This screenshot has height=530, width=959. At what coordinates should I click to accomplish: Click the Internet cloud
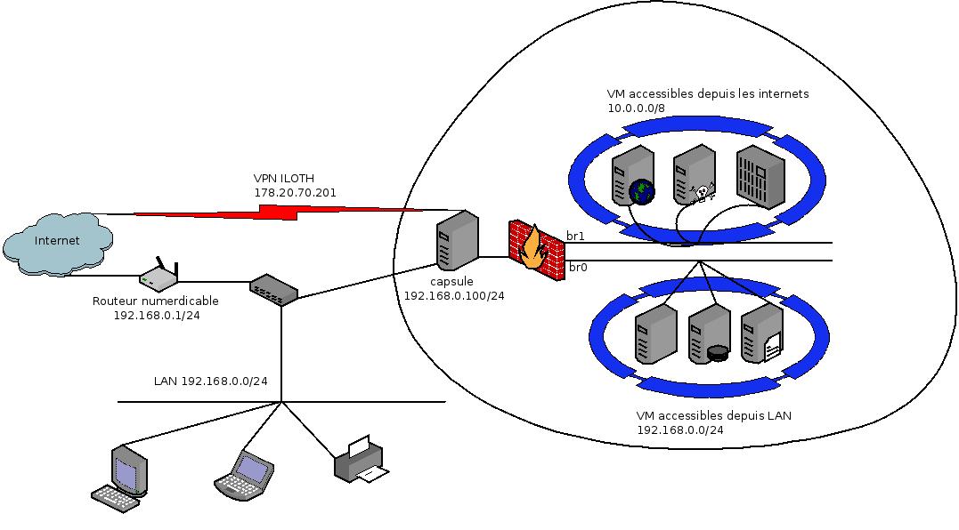pos(58,241)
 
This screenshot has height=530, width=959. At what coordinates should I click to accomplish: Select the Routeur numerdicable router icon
pos(158,277)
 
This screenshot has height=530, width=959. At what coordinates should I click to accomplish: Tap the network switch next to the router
pos(273,290)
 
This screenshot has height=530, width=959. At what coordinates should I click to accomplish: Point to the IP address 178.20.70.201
pos(295,192)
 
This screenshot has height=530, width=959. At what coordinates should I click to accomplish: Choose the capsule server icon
pos(454,241)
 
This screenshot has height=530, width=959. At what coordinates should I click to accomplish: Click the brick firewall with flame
pos(535,250)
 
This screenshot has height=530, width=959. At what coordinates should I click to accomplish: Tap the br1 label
pos(575,237)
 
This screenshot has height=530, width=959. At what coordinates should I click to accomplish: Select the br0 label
pos(578,267)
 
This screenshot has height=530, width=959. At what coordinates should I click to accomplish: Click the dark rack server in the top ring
pos(760,178)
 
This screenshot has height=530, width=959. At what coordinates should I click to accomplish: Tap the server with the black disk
pos(709,333)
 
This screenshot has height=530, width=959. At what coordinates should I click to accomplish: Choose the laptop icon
pos(245,473)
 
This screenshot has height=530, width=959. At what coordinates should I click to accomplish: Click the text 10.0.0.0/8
pos(636,108)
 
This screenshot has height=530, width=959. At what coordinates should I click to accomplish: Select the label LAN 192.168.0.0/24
pos(211,381)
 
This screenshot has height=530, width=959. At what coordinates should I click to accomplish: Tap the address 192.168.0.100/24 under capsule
pos(454,295)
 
